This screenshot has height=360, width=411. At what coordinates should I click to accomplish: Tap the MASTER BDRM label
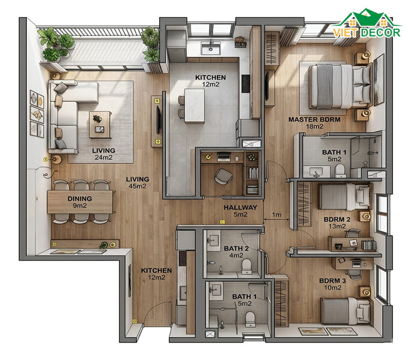click(x=314, y=120)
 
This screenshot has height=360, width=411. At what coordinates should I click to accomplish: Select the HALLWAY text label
click(x=240, y=208)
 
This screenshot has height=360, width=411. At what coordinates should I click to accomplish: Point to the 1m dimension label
click(x=276, y=215)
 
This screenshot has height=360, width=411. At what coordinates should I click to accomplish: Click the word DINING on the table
click(x=80, y=199)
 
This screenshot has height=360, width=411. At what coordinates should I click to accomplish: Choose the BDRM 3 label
click(x=332, y=281)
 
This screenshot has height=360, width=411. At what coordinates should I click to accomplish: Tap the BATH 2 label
click(x=236, y=248)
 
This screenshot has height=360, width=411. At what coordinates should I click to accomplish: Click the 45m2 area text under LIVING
click(x=137, y=186)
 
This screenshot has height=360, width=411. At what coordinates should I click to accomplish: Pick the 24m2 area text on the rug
click(x=104, y=157)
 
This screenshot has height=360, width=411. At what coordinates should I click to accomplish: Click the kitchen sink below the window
click(x=211, y=48)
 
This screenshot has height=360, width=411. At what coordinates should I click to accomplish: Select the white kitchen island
click(x=195, y=106)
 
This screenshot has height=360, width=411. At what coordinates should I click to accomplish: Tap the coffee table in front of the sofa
click(x=100, y=124)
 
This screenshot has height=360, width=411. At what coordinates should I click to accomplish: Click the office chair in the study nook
click(x=223, y=176)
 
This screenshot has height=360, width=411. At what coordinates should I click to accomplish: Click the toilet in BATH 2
click(x=247, y=266)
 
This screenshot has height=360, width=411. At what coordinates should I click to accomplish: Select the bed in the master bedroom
click(x=340, y=86)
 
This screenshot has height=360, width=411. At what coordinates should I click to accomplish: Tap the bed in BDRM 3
click(x=346, y=311)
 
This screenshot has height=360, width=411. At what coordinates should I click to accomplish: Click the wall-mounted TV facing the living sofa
click(x=158, y=120)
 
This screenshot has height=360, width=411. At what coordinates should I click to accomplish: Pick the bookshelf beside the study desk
click(x=252, y=173)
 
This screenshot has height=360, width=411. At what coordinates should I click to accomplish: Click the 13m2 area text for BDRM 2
click(x=337, y=226)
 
